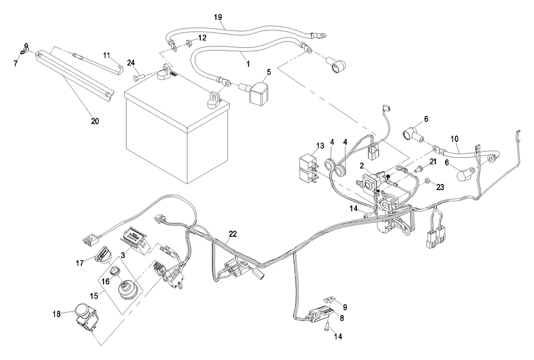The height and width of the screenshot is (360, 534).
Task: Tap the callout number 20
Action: point(95,121)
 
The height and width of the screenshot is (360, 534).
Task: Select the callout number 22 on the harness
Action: point(232,234)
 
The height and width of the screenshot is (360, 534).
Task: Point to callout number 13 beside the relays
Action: point(320,146)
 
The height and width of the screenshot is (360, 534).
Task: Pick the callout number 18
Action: point(57,313)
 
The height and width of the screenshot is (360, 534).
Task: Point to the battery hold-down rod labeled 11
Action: point(98,63)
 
